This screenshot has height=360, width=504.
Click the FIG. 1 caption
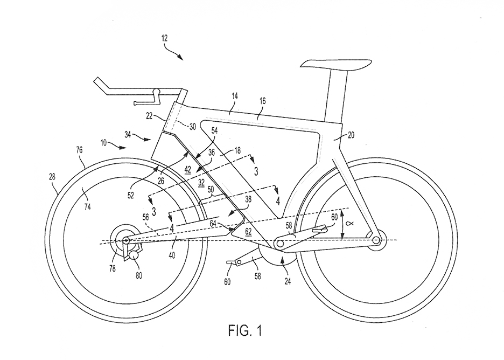tap(245, 330)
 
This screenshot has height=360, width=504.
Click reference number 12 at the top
tap(164, 38)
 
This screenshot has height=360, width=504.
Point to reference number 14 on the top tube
tap(235, 95)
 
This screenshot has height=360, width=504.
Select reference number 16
tap(263, 101)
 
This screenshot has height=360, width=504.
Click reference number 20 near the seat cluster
tap(351, 135)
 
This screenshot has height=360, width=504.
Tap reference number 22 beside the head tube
tap(149, 116)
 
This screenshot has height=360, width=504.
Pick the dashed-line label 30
tap(192, 127)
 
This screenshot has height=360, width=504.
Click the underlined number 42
tap(188, 170)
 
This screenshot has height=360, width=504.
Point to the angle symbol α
tap(351, 223)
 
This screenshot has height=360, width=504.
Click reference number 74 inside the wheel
tap(87, 207)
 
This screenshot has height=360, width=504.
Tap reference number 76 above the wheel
tap(79, 150)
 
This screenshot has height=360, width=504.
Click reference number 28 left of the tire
tap(52, 176)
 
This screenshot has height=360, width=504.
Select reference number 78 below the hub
tap(112, 268)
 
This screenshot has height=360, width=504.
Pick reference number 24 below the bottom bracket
tap(288, 281)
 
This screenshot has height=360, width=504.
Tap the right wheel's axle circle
tap(375, 240)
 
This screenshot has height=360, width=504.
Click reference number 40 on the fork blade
tap(172, 256)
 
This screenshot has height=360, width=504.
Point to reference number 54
tap(214, 130)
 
